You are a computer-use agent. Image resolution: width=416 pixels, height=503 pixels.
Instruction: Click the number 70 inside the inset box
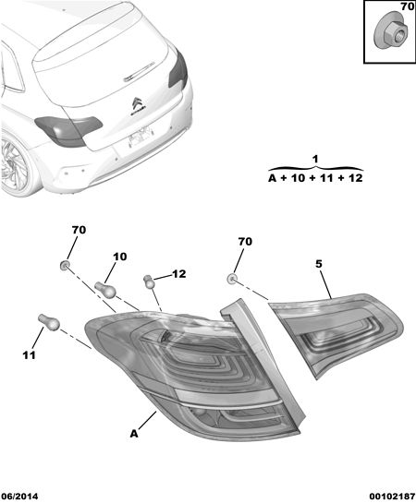point(408,6)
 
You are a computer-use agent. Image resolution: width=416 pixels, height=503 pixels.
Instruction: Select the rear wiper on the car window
point(140,71)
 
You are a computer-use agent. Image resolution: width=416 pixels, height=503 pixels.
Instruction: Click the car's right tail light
point(178,69)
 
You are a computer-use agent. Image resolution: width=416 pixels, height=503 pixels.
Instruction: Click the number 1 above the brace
point(315,159)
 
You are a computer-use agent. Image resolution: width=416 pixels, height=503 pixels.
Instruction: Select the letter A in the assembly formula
point(273,178)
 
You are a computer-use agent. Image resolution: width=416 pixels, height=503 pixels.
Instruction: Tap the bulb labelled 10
point(105,288)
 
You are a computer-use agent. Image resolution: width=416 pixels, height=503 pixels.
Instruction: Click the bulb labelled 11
point(49,322)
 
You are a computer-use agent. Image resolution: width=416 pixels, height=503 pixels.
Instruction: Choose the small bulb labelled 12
point(149,281)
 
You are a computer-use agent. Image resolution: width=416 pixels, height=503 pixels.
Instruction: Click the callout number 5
point(319,264)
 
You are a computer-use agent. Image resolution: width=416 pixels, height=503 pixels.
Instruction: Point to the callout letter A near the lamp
point(134,434)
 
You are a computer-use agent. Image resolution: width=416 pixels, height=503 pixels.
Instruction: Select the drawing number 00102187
point(392,497)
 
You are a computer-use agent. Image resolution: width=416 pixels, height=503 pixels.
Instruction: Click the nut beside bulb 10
point(65,265)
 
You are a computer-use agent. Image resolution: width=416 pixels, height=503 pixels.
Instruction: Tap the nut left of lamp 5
point(231,279)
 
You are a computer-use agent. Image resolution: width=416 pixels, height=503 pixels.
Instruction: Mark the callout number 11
point(29,355)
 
